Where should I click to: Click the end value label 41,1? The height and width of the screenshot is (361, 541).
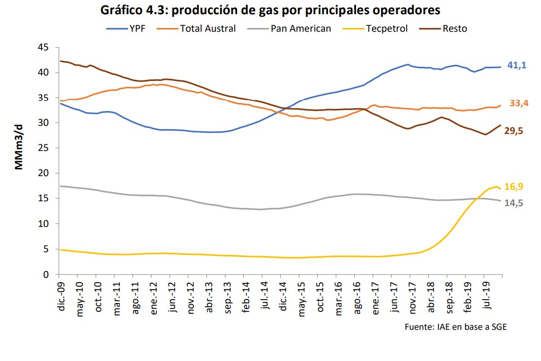516,65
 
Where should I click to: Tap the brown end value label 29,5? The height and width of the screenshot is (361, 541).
516,131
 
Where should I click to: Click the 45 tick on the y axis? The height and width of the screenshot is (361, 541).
44,48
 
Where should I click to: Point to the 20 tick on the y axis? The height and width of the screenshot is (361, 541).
44,173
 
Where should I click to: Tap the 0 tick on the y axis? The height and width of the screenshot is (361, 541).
47,275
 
